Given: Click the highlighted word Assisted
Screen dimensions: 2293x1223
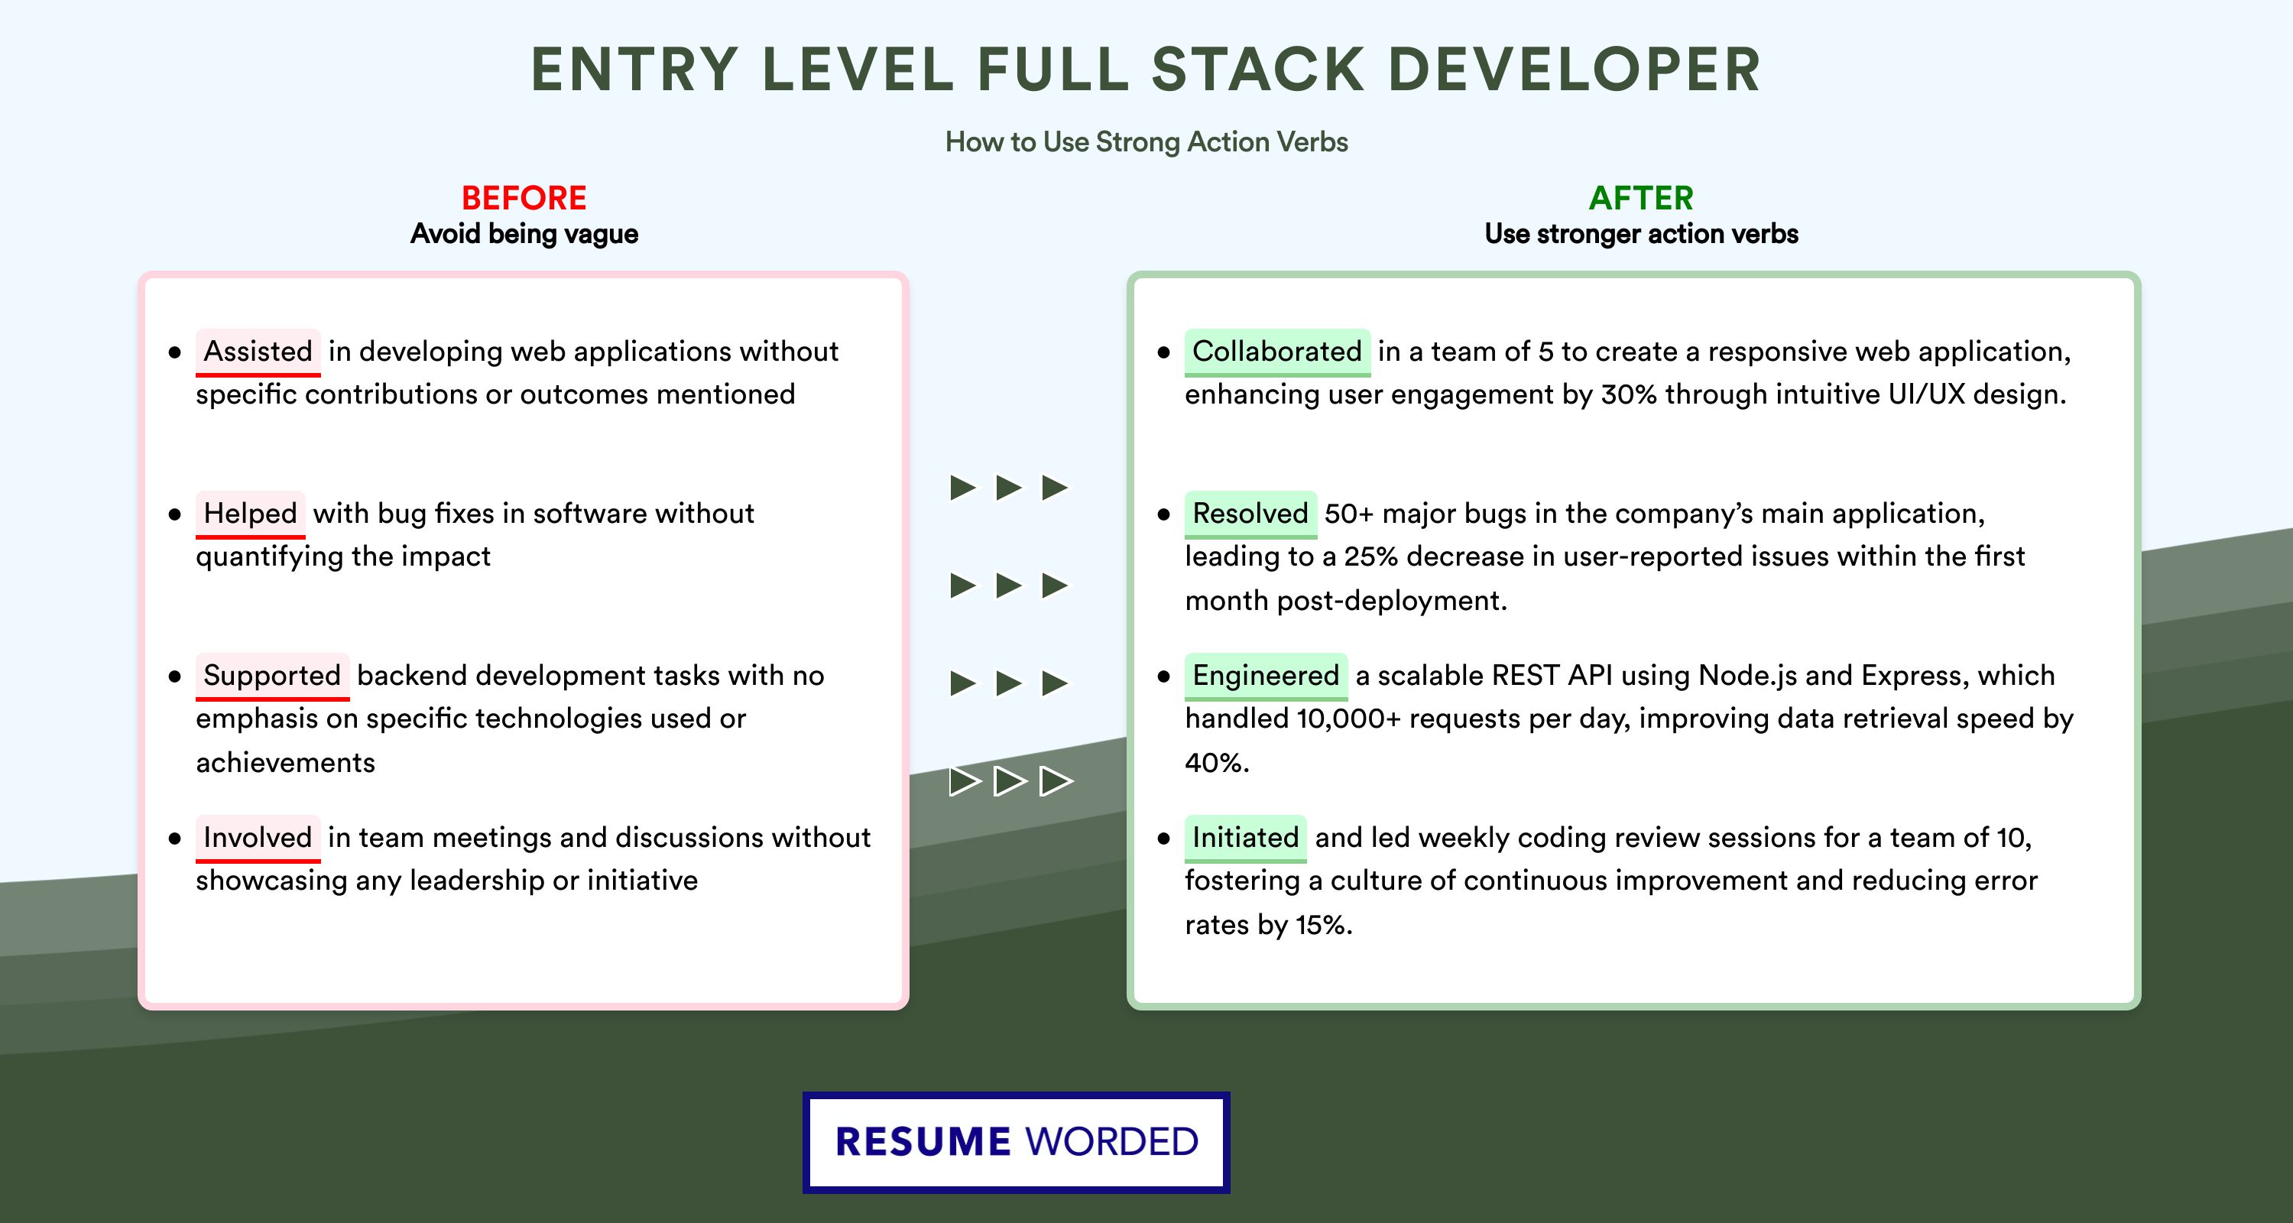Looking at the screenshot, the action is pos(258,352).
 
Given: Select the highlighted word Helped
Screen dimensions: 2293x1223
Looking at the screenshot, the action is pos(250,514).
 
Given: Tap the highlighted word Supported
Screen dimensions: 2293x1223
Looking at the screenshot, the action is pos(272,676).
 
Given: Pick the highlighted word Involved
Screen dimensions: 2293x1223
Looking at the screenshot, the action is pos(258,838).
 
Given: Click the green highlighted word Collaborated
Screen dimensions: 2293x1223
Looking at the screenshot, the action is pos(1277,352).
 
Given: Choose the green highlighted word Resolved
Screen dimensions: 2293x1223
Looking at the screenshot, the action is pos(1250,514).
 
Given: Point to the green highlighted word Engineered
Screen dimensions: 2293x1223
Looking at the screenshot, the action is pos(1266,676).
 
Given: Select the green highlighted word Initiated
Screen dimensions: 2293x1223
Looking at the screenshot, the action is pos(1245,838).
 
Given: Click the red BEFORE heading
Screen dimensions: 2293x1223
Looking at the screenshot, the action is pos(524,198).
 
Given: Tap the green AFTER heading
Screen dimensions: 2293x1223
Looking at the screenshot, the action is pos(1642,198).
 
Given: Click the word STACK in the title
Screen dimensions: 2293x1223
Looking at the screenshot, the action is pos(1258,70).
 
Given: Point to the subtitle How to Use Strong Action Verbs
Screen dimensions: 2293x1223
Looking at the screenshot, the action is pos(1146,141).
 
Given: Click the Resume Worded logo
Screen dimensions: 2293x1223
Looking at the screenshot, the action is pos(1017,1142).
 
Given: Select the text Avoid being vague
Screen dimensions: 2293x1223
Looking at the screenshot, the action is pos(524,234).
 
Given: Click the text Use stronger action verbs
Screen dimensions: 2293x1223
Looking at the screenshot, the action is pos(1642,234).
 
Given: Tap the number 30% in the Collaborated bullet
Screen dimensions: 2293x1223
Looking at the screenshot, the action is pos(1629,394).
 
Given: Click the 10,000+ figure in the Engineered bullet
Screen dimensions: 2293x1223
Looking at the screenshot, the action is pos(1348,719).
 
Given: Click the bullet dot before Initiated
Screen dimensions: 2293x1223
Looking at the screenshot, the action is pos(1163,839).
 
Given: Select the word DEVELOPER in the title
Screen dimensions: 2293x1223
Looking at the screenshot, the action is pos(1574,70).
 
